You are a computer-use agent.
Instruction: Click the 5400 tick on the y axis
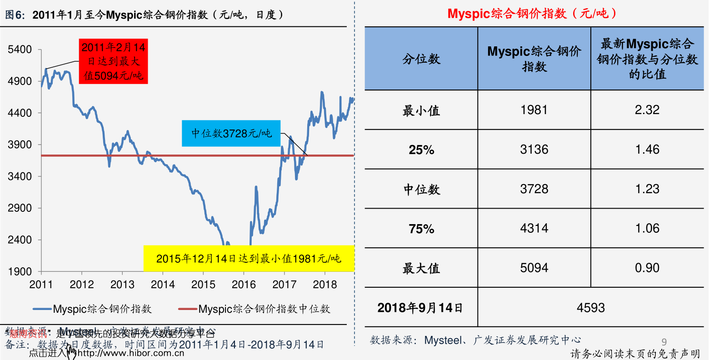[20, 50]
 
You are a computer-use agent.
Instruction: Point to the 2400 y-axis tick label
[20, 240]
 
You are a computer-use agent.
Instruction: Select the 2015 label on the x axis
[203, 285]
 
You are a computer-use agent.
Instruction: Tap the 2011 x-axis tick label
[41, 285]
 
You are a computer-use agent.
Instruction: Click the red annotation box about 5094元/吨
[113, 61]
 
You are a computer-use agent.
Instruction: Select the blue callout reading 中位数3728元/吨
[231, 133]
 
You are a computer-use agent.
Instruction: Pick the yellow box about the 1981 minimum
[248, 259]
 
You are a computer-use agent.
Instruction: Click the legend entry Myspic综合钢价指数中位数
[264, 309]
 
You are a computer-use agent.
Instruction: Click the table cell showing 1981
[534, 110]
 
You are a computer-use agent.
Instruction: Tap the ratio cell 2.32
[647, 110]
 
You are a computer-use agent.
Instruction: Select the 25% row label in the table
[421, 150]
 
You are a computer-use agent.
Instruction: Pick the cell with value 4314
[534, 228]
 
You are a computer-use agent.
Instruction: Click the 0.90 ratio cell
[647, 268]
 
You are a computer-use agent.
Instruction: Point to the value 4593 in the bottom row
[590, 308]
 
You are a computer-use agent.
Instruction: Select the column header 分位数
[421, 59]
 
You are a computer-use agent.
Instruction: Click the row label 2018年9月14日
[420, 308]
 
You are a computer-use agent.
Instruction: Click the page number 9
[664, 342]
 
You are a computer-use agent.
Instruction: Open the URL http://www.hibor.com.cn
[131, 353]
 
